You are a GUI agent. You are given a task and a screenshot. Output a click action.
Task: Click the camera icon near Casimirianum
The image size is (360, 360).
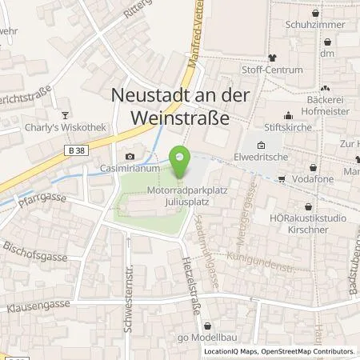(x=130, y=156)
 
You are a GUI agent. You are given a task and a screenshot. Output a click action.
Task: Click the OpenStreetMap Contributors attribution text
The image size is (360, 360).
(x=306, y=351)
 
